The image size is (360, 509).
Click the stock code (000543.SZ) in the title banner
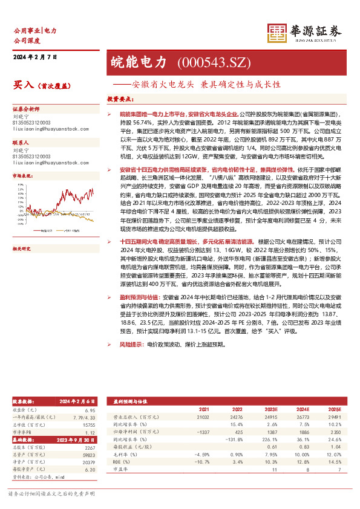(206, 62)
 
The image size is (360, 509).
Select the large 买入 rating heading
(23, 85)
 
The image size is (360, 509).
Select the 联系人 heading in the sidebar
(21, 142)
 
